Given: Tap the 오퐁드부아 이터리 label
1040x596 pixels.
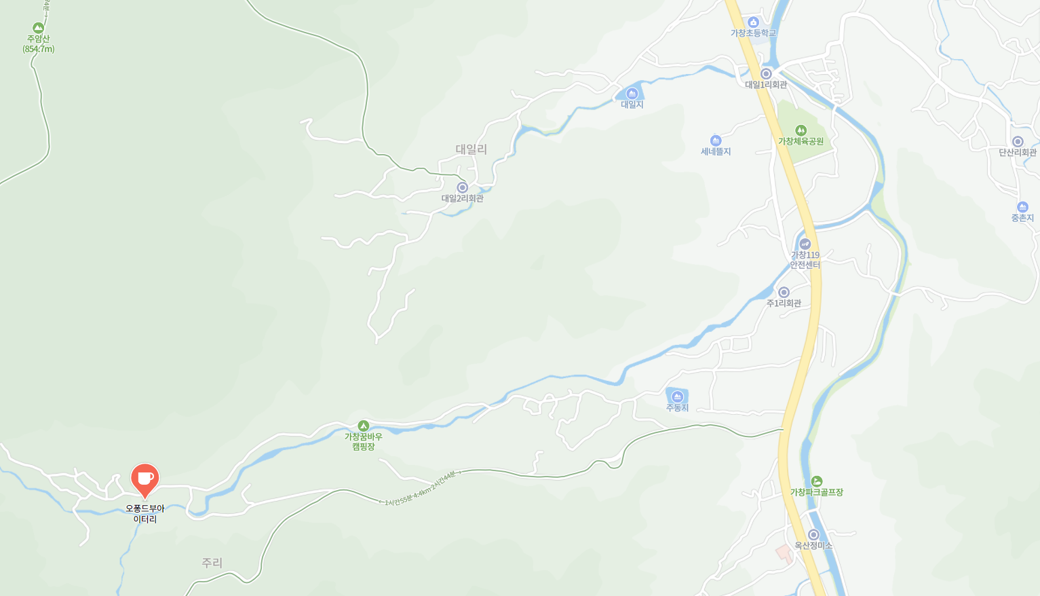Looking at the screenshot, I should [145, 514].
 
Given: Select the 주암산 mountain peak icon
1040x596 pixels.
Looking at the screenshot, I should [38, 28].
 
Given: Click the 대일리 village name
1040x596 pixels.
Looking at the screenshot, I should [471, 149].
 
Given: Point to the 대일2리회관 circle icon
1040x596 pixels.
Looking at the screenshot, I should [462, 187].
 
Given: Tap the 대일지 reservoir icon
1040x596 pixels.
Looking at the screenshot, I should [632, 94].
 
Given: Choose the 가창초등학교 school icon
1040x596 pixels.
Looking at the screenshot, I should [753, 22].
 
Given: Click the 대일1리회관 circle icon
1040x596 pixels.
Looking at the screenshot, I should [766, 73].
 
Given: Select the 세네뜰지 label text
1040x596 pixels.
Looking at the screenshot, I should [716, 152].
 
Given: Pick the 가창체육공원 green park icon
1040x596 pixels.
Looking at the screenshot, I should [801, 130].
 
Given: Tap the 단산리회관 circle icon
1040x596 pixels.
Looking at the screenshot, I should [1017, 141].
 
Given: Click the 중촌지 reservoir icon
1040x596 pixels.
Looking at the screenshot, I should [1022, 207].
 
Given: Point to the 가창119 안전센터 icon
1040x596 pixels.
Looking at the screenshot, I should [805, 244].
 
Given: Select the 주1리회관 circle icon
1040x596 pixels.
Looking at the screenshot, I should [784, 292].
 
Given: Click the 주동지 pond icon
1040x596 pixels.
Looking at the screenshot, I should [676, 396].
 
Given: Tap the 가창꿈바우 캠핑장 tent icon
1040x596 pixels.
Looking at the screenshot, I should [363, 426].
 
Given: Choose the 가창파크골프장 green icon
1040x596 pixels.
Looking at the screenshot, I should [816, 481].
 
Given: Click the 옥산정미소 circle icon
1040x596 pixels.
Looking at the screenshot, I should [813, 535].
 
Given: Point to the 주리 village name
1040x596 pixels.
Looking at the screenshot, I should [212, 563].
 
